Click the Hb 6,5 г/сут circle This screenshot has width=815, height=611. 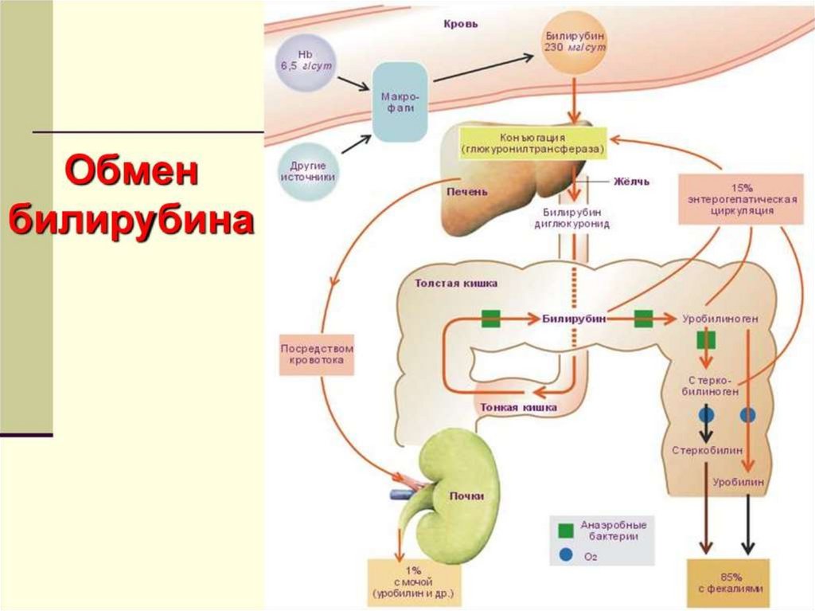(306, 61)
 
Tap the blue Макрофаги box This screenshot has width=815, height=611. (400, 102)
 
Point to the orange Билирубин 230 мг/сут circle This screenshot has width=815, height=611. (575, 42)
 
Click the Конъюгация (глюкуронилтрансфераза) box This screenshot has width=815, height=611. (532, 143)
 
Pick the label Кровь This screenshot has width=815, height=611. (461, 24)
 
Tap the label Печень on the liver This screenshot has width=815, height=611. (467, 191)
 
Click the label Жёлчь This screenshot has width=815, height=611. (631, 182)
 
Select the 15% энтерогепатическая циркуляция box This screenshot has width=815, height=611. (741, 199)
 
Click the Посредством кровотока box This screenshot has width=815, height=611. (317, 354)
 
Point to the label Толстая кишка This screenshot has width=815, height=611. (456, 283)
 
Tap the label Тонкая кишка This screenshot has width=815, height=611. (518, 407)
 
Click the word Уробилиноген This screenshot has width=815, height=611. (719, 319)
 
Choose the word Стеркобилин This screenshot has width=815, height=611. (708, 450)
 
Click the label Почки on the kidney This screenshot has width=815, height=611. (466, 495)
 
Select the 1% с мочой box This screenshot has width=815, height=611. (414, 582)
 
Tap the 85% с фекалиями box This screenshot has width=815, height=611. (727, 583)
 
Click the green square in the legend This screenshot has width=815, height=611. (566, 531)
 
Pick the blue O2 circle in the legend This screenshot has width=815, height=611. (566, 555)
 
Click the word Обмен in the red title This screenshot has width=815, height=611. (131, 172)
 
